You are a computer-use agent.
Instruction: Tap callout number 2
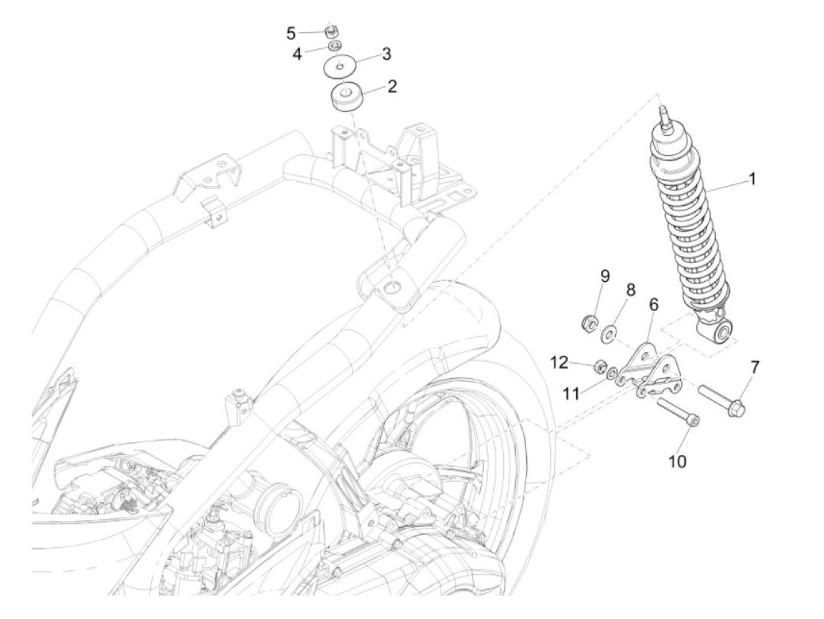[391, 87]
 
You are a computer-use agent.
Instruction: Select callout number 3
[386, 54]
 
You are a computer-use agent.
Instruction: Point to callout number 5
[291, 33]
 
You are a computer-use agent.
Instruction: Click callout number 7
[755, 368]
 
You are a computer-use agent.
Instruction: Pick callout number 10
[677, 461]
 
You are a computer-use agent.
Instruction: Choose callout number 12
[560, 362]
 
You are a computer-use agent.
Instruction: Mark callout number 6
[653, 305]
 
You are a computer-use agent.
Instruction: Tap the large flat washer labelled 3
[338, 66]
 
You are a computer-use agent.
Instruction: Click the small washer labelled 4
[334, 46]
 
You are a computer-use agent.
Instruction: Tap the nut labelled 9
[589, 322]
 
